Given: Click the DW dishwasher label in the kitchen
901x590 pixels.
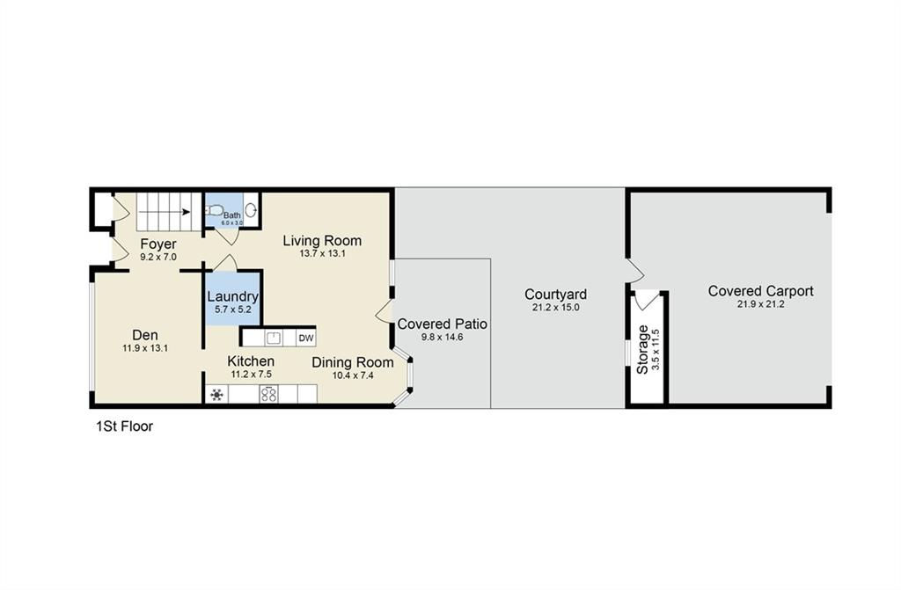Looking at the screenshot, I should click(x=305, y=338).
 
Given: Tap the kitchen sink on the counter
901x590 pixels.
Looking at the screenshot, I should click(x=273, y=338).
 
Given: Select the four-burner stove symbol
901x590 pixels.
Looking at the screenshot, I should click(x=268, y=395).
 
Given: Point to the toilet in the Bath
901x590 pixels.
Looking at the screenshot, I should click(x=213, y=211).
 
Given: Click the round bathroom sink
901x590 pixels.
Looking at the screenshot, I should click(x=251, y=211).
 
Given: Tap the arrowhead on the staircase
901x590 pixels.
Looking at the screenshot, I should click(x=187, y=211).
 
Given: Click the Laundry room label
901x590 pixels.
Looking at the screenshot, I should click(x=233, y=296).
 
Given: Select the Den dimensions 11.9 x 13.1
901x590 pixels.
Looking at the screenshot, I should click(x=145, y=347).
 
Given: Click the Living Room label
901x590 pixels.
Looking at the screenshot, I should click(x=322, y=240).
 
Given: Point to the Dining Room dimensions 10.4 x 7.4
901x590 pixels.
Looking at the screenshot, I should click(x=352, y=375).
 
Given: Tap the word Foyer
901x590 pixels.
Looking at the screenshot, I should click(x=158, y=244).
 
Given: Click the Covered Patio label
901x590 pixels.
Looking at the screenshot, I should click(x=442, y=324).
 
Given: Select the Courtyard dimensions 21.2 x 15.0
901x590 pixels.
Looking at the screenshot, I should click(x=555, y=308).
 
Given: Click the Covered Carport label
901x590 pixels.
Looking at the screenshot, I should click(x=760, y=291).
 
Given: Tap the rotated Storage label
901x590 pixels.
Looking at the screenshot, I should click(x=643, y=349).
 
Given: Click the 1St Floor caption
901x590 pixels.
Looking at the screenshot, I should click(x=124, y=426).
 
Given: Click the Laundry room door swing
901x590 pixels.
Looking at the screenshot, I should click(x=225, y=262).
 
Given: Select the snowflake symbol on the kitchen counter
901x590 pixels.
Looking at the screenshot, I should click(x=216, y=395).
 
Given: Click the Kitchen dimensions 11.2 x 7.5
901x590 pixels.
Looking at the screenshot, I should click(x=251, y=375).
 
